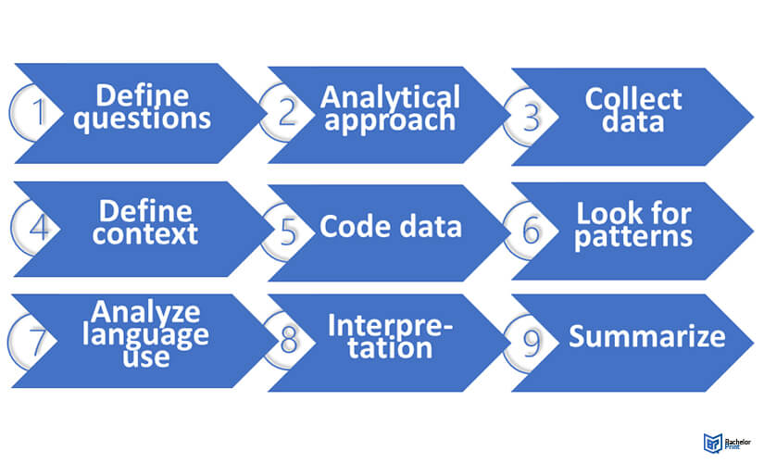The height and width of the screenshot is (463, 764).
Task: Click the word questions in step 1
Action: [144, 119]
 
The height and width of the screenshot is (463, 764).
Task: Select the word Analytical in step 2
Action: [390, 96]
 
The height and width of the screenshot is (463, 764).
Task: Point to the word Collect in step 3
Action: [632, 99]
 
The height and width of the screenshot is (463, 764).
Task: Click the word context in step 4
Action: [144, 233]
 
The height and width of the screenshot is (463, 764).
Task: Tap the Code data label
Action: [390, 228]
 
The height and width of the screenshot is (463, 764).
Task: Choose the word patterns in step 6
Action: [633, 236]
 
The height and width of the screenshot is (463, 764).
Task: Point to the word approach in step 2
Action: [390, 120]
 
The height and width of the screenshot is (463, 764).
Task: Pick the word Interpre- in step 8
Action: [390, 325]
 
